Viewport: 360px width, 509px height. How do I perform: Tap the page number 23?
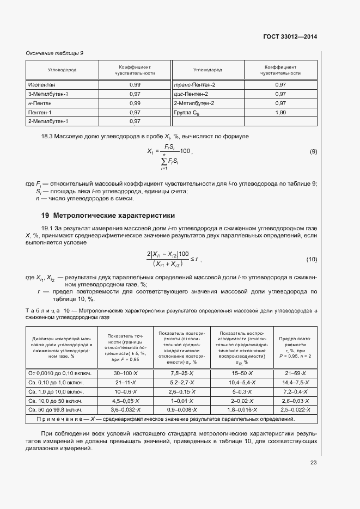point(313,463)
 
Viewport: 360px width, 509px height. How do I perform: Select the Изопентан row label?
point(41,85)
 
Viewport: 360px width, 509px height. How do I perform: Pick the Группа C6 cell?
point(187,112)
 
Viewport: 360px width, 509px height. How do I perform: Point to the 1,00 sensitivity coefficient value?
point(280,112)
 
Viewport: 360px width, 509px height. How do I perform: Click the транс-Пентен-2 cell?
point(194,85)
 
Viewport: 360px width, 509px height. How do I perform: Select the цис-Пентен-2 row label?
point(191,94)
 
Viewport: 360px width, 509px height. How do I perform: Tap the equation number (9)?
point(313,151)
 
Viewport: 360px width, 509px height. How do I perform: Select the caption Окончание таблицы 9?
point(54,53)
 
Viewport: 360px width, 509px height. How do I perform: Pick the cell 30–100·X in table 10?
point(125,373)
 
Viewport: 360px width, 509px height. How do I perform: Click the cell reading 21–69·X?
point(295,373)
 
